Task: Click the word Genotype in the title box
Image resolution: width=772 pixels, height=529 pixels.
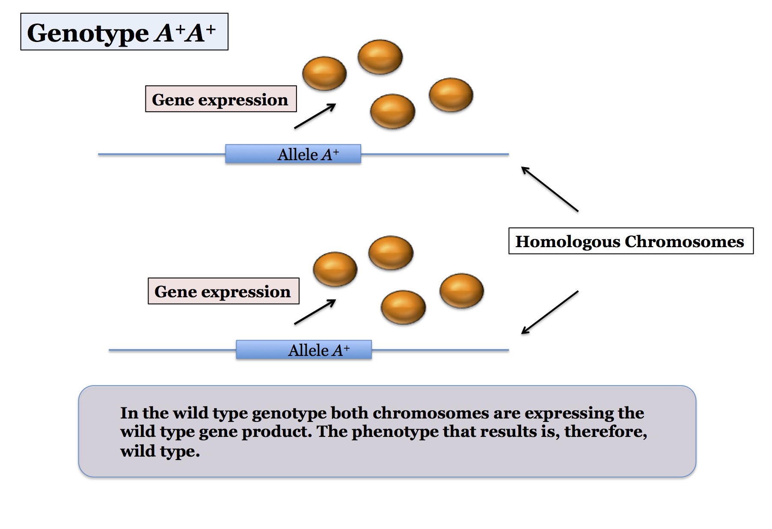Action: click(x=88, y=33)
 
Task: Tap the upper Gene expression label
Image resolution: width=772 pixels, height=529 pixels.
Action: click(x=220, y=99)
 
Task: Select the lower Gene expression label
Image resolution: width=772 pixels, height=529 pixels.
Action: click(x=223, y=291)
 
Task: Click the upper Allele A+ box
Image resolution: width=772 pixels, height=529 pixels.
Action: click(x=293, y=154)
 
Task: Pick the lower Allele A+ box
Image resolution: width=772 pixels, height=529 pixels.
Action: click(x=304, y=350)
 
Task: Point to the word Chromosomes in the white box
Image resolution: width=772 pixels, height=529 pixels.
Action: click(x=684, y=242)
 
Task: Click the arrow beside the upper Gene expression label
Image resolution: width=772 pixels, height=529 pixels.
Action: click(x=315, y=116)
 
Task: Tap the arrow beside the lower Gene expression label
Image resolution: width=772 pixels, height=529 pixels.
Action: click(x=315, y=312)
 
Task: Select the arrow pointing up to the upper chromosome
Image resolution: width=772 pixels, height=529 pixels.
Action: click(x=549, y=189)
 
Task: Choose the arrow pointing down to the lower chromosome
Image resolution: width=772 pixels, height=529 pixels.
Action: click(x=549, y=312)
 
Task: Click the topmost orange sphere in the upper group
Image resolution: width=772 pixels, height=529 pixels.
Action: click(x=380, y=57)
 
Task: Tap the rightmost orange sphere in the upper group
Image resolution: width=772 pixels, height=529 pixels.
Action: click(x=451, y=95)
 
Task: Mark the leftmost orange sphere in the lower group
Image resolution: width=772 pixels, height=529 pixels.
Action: click(x=335, y=269)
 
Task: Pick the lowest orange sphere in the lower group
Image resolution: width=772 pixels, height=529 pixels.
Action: click(x=403, y=307)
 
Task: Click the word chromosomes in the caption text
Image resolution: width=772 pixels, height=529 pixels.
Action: click(x=431, y=413)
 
